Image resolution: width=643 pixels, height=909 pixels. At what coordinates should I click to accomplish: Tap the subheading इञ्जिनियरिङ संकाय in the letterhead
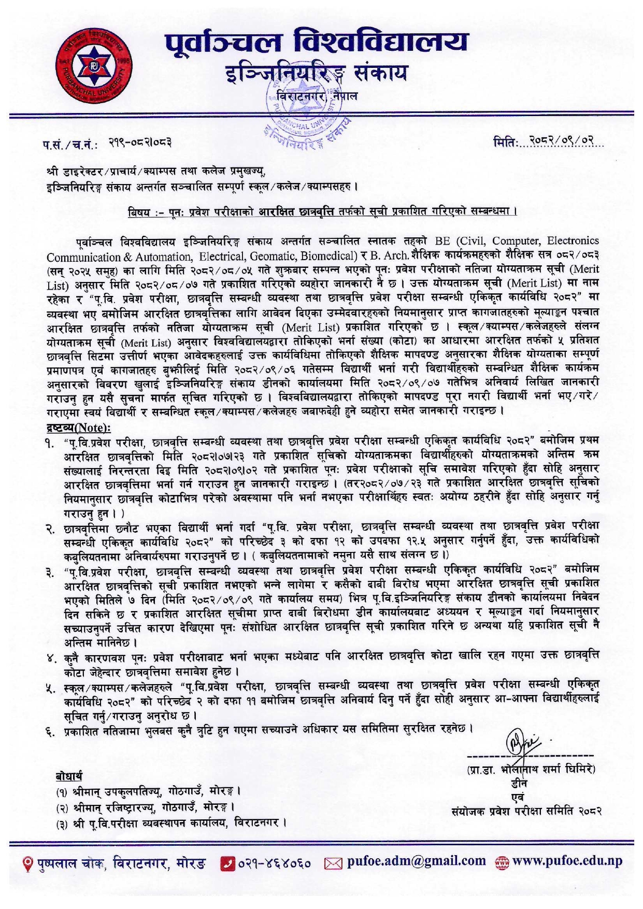coord(316,75)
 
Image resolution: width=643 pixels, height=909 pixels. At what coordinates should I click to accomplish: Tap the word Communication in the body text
coord(83,257)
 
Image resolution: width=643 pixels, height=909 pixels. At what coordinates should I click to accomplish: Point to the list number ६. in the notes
coord(50,732)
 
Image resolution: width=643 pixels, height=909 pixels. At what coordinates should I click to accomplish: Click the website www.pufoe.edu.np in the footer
coord(567,861)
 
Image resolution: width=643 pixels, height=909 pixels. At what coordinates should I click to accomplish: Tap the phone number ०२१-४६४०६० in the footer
coord(275,862)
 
